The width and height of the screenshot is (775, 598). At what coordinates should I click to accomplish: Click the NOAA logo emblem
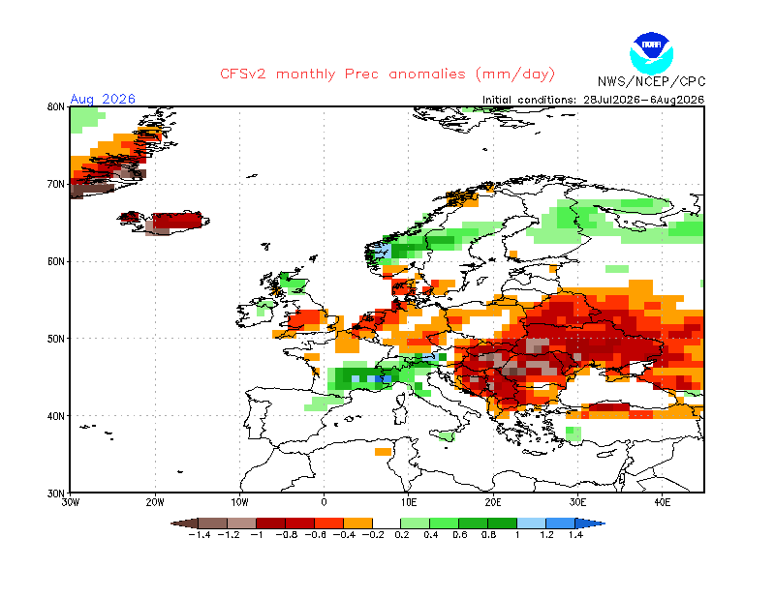(x=651, y=53)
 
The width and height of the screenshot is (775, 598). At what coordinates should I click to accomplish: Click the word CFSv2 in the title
(x=243, y=75)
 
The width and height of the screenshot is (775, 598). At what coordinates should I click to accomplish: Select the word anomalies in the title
(x=427, y=75)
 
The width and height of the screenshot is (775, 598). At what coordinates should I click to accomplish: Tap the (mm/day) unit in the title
(x=515, y=75)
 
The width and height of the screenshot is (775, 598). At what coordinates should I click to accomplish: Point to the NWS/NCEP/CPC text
(x=651, y=81)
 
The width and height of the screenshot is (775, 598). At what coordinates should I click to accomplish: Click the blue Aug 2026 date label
(x=103, y=99)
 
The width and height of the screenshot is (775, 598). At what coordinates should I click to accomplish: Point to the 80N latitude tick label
(x=56, y=106)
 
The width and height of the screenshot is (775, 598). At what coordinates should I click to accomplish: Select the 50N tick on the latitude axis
(x=56, y=339)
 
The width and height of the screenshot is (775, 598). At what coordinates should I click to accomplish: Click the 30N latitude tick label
(x=56, y=493)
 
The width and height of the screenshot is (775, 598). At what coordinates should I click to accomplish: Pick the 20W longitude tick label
(x=155, y=502)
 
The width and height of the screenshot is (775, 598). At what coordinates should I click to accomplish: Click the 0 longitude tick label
(x=324, y=502)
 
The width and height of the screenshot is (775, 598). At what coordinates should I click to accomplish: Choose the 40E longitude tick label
(x=662, y=502)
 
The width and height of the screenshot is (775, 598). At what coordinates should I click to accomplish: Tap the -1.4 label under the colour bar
(x=200, y=535)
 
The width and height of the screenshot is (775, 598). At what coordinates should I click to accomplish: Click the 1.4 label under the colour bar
(x=575, y=535)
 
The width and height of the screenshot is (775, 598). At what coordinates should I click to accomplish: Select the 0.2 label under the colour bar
(x=402, y=535)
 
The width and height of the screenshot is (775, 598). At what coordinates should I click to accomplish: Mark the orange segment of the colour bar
(x=357, y=523)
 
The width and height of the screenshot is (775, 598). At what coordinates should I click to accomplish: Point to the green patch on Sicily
(x=447, y=436)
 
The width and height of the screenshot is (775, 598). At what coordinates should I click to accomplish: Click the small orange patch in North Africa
(x=383, y=452)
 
